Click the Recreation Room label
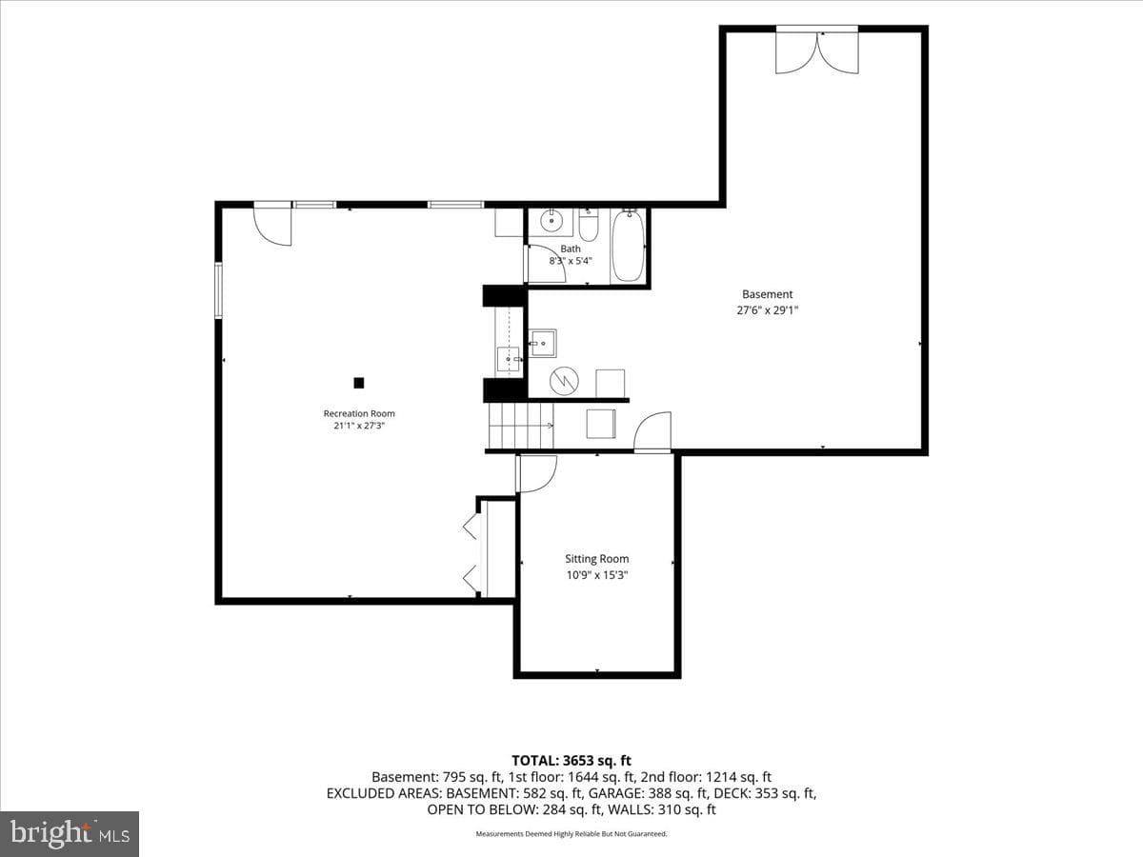pyautogui.click(x=359, y=413)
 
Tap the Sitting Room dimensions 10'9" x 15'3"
pyautogui.click(x=597, y=575)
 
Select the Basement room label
pyautogui.click(x=767, y=294)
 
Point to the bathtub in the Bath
pyautogui.click(x=628, y=246)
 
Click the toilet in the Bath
pyautogui.click(x=589, y=225)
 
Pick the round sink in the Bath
pyautogui.click(x=550, y=221)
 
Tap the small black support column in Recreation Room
pyautogui.click(x=359, y=383)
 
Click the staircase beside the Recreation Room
pyautogui.click(x=521, y=427)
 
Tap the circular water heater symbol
pyautogui.click(x=564, y=381)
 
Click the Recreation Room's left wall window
pyautogui.click(x=219, y=290)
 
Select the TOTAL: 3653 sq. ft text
pyautogui.click(x=571, y=760)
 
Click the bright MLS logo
pyautogui.click(x=70, y=833)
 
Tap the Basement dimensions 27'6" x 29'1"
pyautogui.click(x=767, y=310)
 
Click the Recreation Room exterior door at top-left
pyautogui.click(x=272, y=224)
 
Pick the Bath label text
pyautogui.click(x=571, y=249)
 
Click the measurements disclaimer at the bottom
pyautogui.click(x=571, y=833)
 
